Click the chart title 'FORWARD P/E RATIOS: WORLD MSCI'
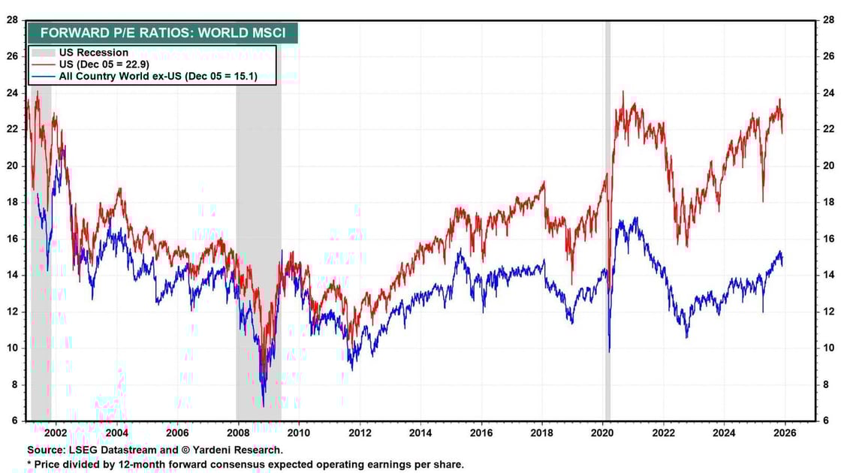click(162, 33)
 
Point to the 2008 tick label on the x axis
click(237, 432)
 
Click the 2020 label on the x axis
click(602, 432)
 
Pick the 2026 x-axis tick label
click(785, 432)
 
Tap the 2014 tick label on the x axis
click(420, 432)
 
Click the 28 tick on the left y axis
click(13, 20)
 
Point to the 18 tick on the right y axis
click(829, 202)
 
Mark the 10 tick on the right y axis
click(829, 348)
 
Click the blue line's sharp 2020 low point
click(609, 351)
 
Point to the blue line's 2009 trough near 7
click(263, 405)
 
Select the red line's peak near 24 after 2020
click(622, 92)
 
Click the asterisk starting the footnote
click(29, 463)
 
